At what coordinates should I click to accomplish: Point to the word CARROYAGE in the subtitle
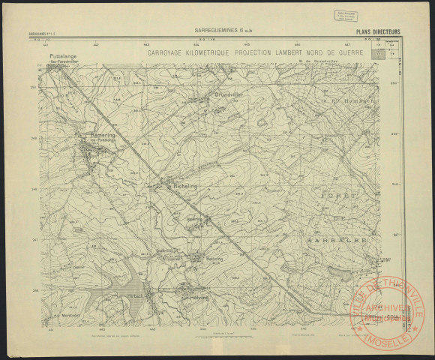[167, 54]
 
